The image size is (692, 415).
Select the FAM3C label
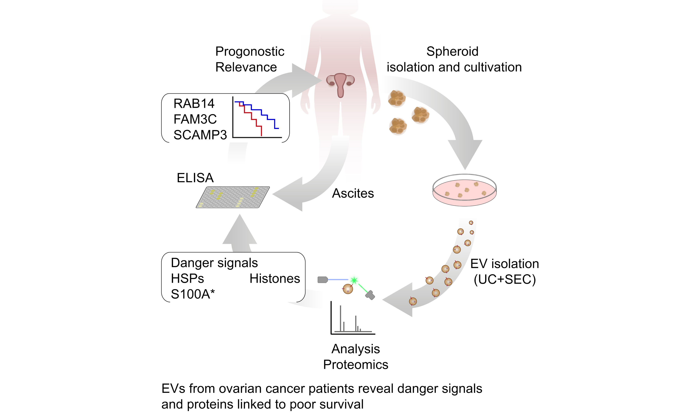195,119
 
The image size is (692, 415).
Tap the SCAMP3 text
200,135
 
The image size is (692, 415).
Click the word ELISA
195,178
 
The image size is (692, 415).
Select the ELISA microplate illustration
233,197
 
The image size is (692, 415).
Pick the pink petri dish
464,190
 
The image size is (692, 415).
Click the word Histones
274,279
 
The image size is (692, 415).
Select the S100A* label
193,294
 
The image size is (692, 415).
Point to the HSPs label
187,279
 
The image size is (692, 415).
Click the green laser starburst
354,280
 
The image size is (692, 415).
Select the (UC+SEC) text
504,279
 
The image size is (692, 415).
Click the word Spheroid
452,52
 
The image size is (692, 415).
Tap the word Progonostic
250,52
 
